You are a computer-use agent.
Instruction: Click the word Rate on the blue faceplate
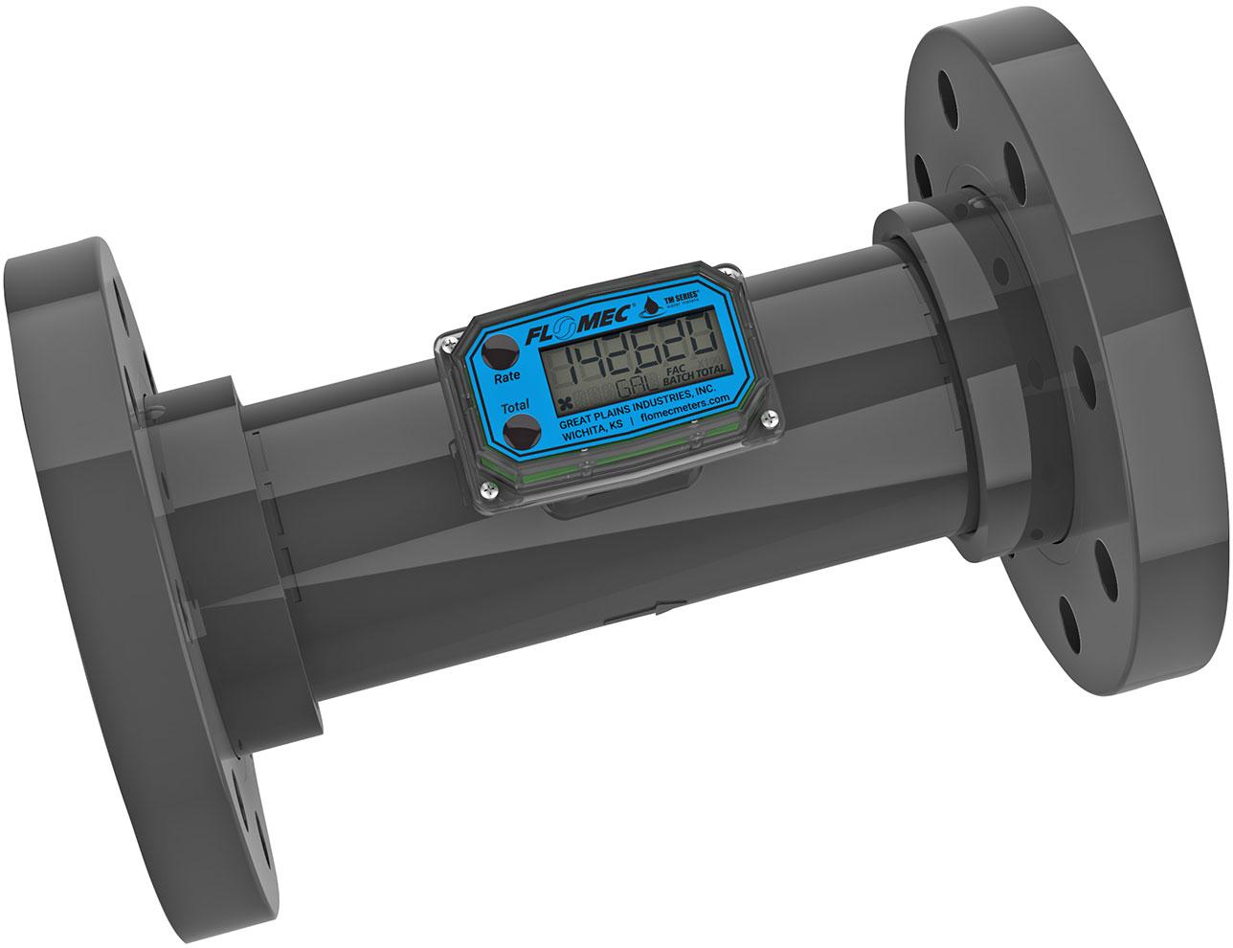[507, 377]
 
